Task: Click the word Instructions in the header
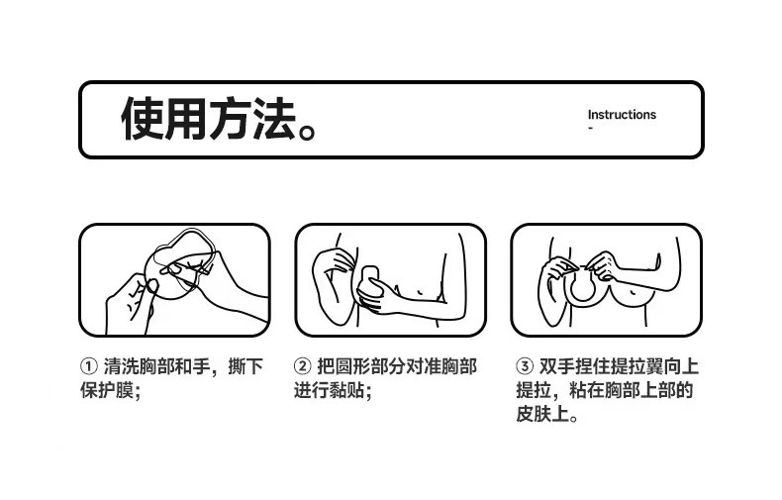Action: [x=622, y=115]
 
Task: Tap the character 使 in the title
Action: [x=142, y=118]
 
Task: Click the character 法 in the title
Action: [x=274, y=118]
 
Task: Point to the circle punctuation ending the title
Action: [x=307, y=132]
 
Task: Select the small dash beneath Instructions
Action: [x=591, y=128]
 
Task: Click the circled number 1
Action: [x=89, y=366]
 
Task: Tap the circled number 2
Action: [x=302, y=366]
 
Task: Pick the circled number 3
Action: [x=525, y=366]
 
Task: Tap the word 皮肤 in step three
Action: [x=534, y=414]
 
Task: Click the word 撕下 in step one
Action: [x=245, y=366]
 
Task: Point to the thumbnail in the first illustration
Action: [x=151, y=286]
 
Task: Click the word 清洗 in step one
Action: [x=121, y=366]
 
